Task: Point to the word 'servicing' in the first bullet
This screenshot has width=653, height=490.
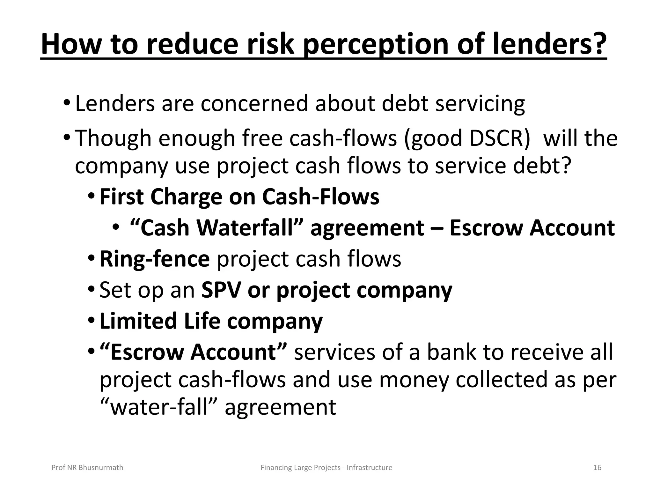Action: pos(480,104)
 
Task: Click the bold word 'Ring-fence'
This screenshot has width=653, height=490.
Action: pos(155,259)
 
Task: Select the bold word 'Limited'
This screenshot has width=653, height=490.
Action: pos(138,321)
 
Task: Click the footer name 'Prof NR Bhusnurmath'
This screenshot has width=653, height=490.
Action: pos(87,468)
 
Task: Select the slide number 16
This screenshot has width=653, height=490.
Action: pos(597,468)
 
